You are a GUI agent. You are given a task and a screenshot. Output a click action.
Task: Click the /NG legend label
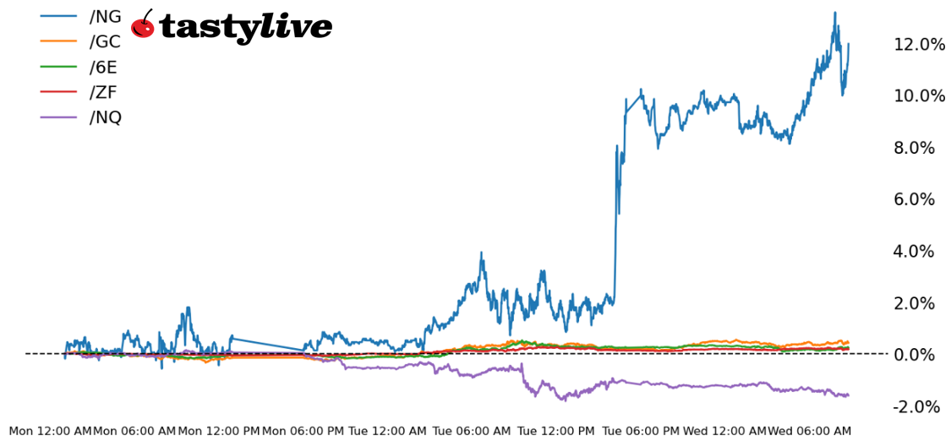coord(105,16)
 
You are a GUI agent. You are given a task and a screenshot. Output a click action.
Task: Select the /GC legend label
coord(105,41)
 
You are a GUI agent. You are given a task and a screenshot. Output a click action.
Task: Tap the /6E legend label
coord(103,67)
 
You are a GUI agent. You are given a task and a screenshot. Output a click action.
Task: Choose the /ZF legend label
coord(103,92)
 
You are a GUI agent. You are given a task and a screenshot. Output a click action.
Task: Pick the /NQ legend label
coord(105,117)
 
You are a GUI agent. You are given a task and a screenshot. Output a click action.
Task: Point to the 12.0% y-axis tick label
coord(920,44)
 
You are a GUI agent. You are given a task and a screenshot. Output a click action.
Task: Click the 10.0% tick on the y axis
coord(920,95)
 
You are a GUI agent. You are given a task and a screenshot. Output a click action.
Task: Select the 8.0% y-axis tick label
coord(915,148)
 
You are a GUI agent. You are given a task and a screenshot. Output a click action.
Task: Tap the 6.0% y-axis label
coord(915,199)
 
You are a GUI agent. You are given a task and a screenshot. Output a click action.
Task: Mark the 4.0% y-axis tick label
coord(915,251)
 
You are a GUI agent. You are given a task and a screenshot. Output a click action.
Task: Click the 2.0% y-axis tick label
coord(915,302)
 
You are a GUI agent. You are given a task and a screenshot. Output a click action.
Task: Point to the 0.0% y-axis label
coord(915,354)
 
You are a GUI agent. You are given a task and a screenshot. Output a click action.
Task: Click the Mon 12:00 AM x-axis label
coord(50,431)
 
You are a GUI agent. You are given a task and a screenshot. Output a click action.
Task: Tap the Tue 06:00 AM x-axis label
coord(472,431)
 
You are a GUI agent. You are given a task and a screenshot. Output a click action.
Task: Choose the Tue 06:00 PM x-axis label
coord(640,431)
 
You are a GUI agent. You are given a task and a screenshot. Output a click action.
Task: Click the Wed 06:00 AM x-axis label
coord(809,431)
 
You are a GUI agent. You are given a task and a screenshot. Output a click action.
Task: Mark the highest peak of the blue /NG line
coord(834,13)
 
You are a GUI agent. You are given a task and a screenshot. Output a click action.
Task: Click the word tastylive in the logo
coord(245,27)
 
